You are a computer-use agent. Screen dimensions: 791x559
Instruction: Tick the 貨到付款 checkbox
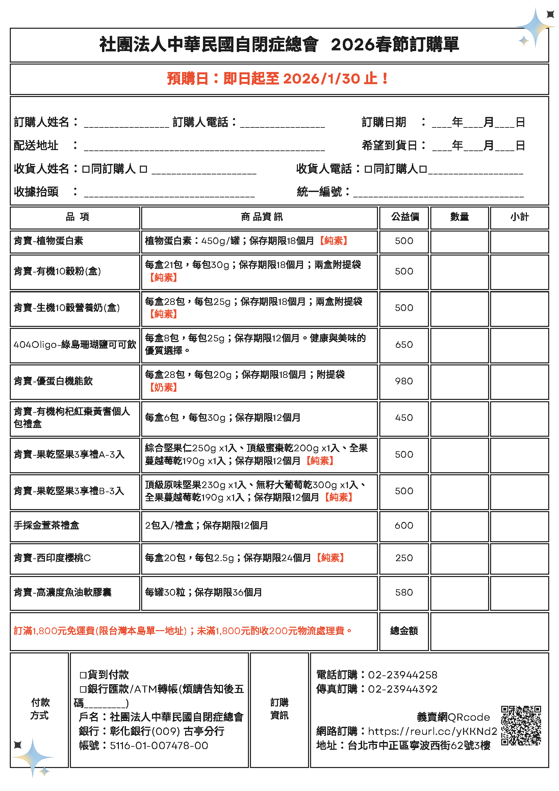tap(83, 675)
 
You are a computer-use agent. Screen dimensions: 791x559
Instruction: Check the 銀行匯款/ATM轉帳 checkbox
tap(83, 689)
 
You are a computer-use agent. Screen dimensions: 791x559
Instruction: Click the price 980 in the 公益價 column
tap(404, 381)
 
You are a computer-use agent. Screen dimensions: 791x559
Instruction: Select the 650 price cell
tap(404, 344)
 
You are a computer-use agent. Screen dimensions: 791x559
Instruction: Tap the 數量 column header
tap(459, 217)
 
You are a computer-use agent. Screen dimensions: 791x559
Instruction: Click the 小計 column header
tap(519, 217)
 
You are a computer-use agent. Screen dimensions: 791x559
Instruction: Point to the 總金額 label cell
tap(404, 631)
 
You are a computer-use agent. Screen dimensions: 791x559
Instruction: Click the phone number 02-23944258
tap(402, 675)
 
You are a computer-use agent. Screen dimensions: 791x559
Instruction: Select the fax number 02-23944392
tap(402, 689)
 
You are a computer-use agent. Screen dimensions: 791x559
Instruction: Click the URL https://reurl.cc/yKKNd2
tap(432, 731)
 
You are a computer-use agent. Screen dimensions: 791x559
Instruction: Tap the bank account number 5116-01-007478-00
tap(159, 745)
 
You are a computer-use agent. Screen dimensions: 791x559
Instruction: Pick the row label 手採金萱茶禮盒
tap(47, 525)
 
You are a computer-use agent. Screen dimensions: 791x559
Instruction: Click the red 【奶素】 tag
tap(163, 388)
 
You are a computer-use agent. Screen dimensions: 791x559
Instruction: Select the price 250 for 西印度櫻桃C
tap(404, 558)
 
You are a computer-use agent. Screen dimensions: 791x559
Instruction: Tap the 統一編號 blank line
tap(438, 193)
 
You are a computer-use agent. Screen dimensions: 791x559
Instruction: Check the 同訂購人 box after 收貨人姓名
tap(86, 169)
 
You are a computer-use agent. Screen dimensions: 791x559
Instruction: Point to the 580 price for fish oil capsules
tap(404, 592)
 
